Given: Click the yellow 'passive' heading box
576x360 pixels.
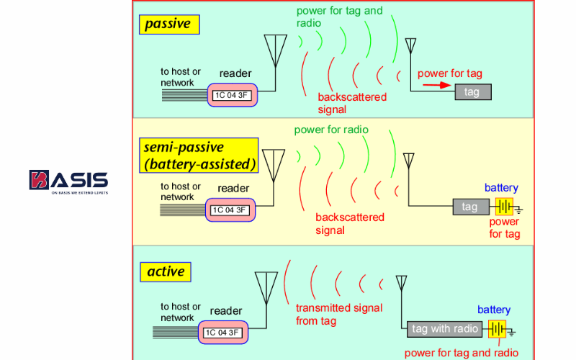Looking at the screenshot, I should (168, 24).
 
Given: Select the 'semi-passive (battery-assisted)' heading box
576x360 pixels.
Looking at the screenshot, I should (199, 156).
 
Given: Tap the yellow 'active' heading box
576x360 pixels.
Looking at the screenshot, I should (166, 272).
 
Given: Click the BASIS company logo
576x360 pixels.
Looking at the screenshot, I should (69, 182).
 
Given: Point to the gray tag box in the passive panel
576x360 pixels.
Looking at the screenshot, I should (472, 92).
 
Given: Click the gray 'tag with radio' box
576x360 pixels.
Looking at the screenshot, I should (445, 329).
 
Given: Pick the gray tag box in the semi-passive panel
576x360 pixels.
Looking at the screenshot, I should (469, 207).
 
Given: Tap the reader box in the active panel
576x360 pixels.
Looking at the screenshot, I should (225, 333).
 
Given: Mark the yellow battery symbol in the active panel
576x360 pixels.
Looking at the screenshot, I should (497, 329).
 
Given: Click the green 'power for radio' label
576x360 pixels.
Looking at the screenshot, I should (331, 130).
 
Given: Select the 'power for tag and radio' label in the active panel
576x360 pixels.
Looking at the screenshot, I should (461, 353).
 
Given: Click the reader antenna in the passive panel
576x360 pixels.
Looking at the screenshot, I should (276, 50).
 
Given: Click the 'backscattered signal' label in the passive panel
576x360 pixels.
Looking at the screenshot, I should (351, 103).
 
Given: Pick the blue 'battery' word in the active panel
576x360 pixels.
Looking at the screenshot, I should (494, 310).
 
